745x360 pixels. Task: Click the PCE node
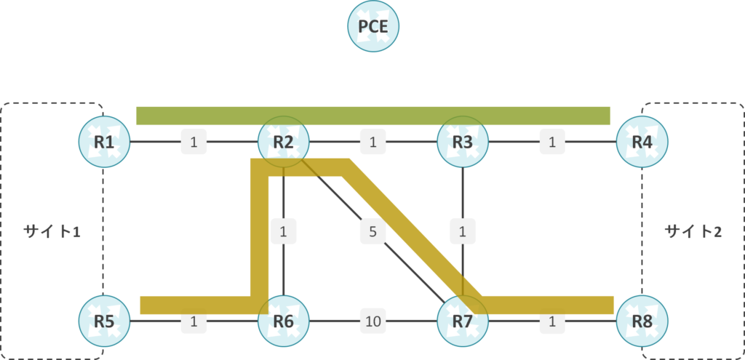pos(373,26)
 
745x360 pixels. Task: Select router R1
pos(104,142)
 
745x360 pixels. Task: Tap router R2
pos(284,142)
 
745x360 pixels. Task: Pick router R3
pos(463,142)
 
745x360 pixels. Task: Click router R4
pos(642,142)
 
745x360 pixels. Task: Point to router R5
pos(104,321)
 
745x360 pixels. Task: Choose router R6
pos(284,321)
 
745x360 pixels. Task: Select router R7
pos(463,321)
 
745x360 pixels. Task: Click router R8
pos(642,321)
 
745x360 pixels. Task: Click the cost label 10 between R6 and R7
pos(373,321)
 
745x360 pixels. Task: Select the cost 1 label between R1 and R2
pos(194,142)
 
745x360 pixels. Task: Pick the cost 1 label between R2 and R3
pos(373,142)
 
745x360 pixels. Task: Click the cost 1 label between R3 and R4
pos(552,142)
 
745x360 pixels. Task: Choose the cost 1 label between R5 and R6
pos(194,321)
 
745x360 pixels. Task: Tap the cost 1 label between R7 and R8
pos(552,321)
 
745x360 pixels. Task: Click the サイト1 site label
pos(51,232)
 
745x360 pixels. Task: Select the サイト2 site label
pos(693,232)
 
